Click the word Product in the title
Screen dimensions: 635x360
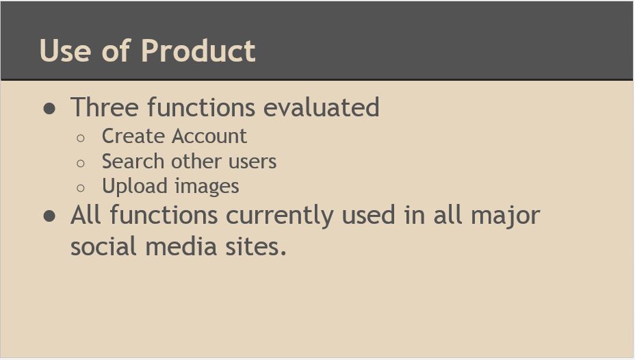coord(198,51)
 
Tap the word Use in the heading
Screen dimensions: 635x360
coord(65,51)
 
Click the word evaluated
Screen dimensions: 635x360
coord(322,107)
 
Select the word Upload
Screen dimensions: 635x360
coord(134,187)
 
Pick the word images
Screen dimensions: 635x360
coord(207,187)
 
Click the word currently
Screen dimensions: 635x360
coord(280,216)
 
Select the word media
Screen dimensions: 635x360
coord(181,246)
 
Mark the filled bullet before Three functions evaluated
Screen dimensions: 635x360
coord(49,109)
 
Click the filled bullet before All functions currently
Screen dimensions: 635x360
coord(49,216)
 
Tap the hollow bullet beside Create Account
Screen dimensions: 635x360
coord(81,138)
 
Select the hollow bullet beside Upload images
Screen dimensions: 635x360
coord(81,188)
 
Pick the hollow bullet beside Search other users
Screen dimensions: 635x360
coord(81,163)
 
